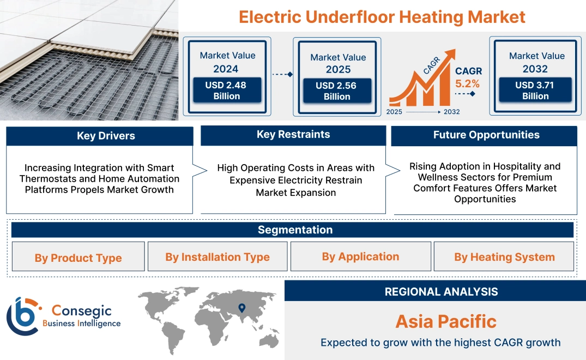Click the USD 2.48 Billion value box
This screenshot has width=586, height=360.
pos(226,91)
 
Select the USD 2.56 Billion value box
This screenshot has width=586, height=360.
pos(337,91)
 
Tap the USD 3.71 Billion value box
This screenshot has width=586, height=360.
pos(535,91)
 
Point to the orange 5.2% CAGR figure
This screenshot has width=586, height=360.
pos(468,83)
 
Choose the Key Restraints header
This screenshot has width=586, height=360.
pos(293,135)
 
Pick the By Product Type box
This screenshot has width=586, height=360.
pos(78,258)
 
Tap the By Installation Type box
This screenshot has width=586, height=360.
pos(218,257)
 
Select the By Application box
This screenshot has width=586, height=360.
pos(360,256)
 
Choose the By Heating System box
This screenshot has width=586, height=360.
pos(504,257)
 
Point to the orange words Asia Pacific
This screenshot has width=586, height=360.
pos(446,321)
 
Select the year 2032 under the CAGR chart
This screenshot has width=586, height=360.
pos(452,112)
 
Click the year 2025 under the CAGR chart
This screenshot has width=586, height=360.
pos(395,112)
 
